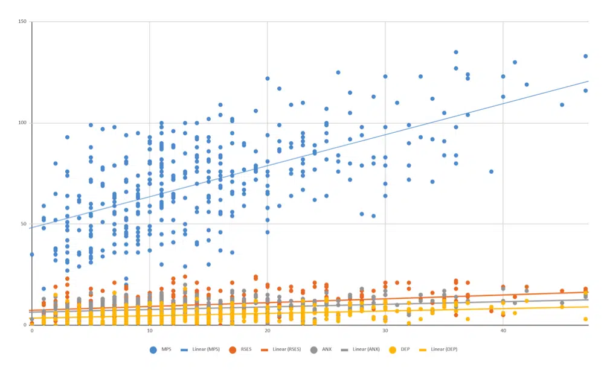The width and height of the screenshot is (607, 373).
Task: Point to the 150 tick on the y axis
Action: click(x=22, y=22)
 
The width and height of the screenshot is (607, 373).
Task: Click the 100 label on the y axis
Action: click(x=22, y=123)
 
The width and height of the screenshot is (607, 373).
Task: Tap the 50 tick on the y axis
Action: click(x=24, y=224)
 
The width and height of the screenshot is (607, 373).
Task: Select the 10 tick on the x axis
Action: click(x=150, y=331)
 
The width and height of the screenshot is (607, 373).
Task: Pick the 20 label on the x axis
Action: click(x=268, y=331)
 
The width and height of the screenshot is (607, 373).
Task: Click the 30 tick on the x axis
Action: click(x=385, y=331)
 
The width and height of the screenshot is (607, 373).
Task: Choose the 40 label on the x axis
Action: click(x=503, y=331)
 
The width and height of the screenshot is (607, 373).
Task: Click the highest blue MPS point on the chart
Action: click(x=456, y=53)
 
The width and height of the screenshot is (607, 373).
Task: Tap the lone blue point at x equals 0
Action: click(x=32, y=254)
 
